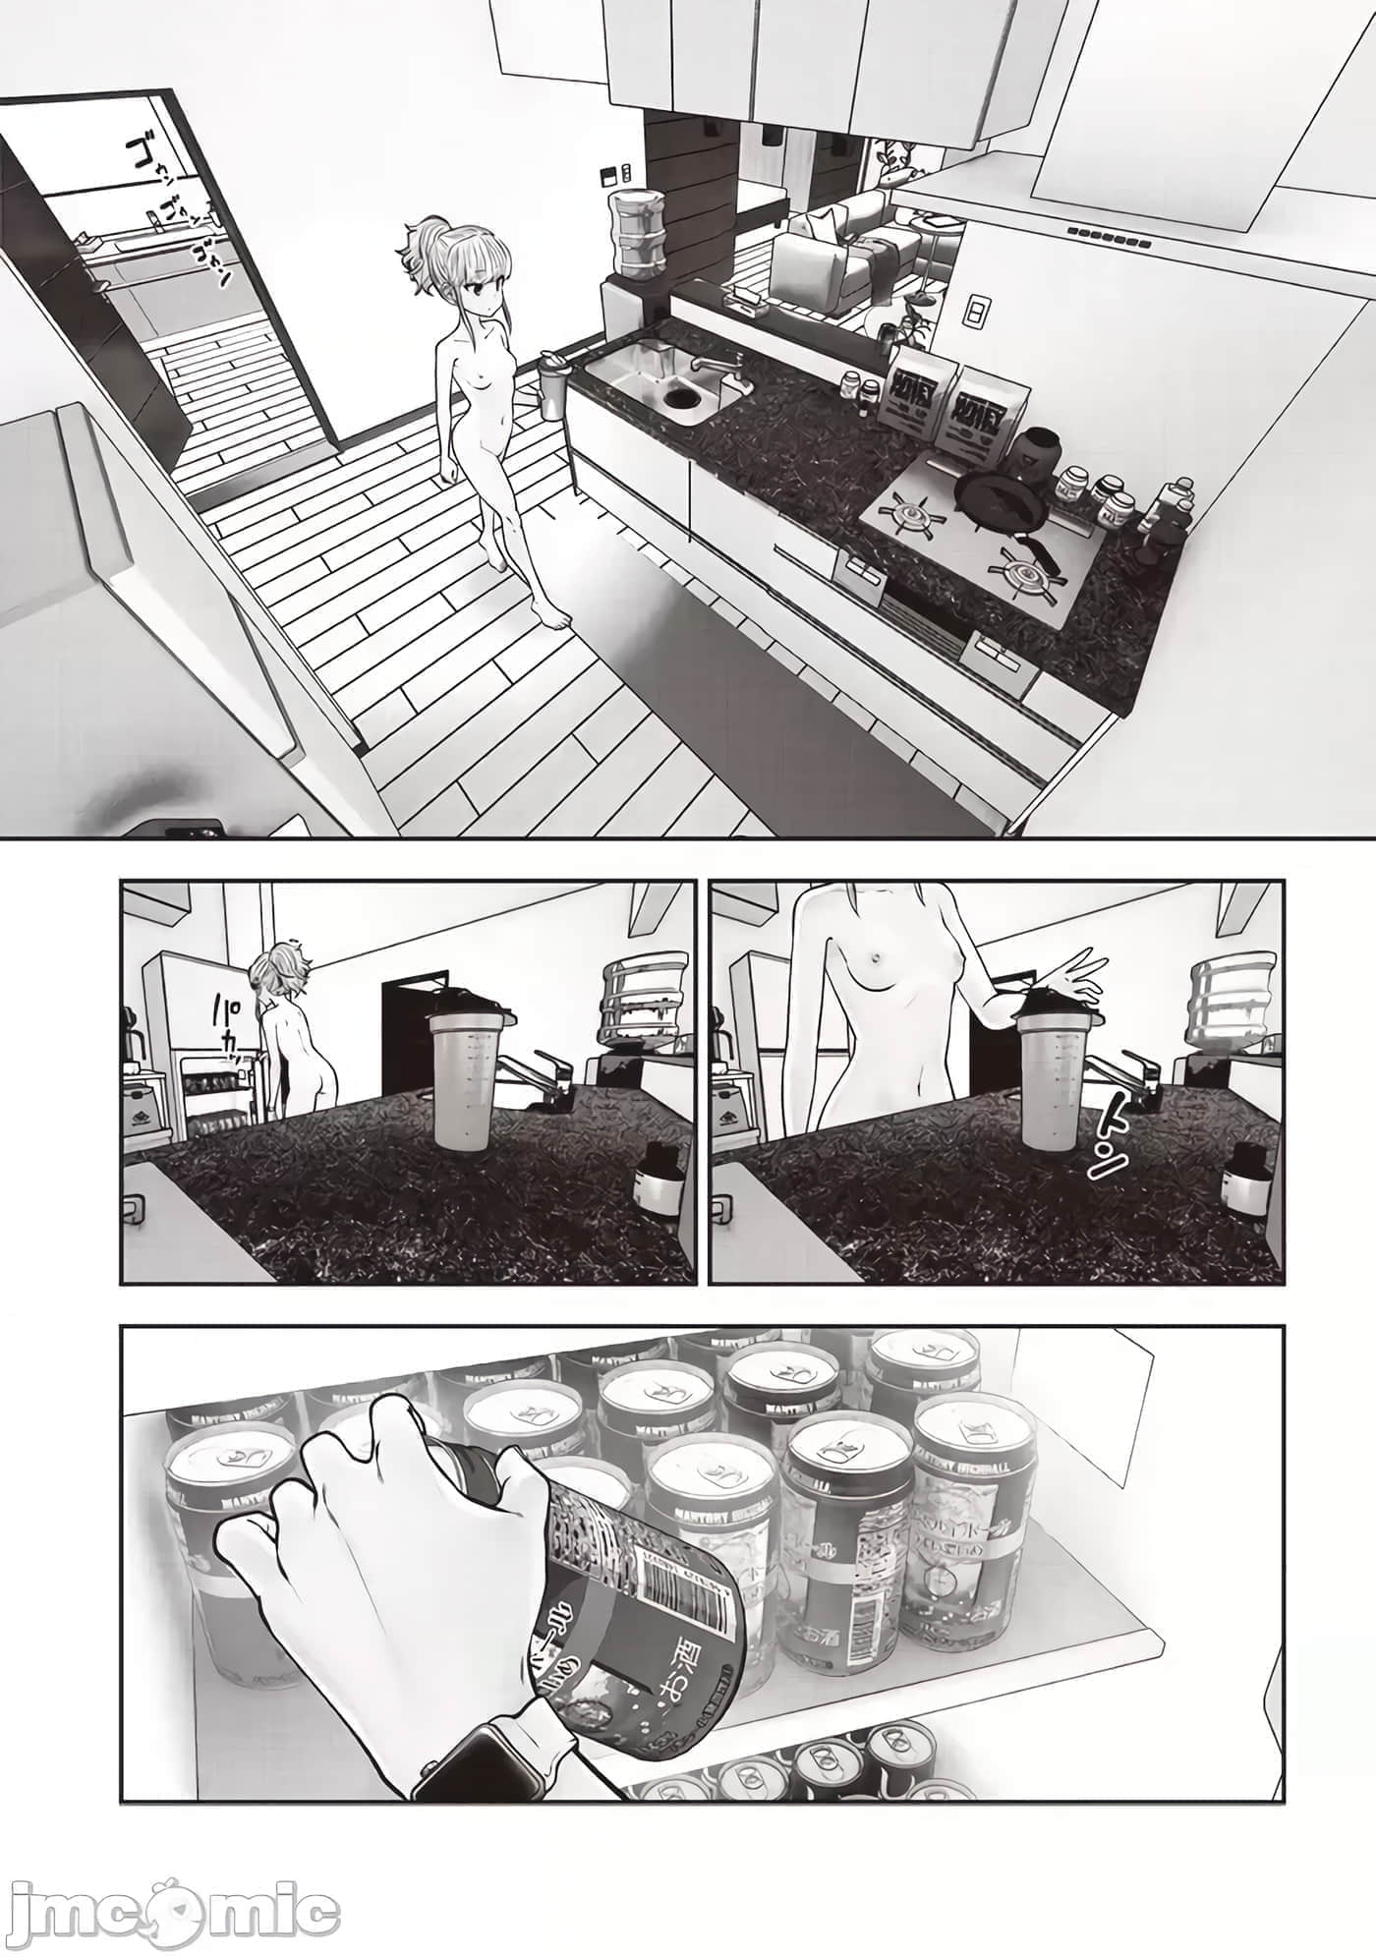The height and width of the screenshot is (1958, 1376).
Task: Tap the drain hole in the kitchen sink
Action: coord(679,398)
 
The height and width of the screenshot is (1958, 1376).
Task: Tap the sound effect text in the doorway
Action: coord(178,206)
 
